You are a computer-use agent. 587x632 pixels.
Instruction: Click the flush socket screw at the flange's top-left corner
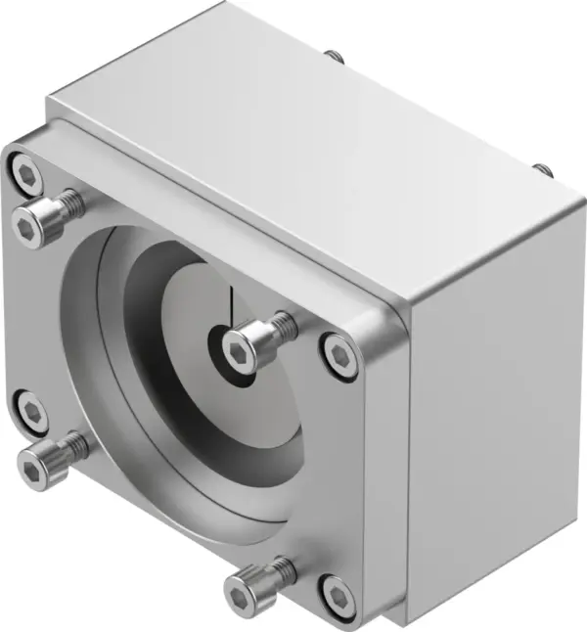point(27,176)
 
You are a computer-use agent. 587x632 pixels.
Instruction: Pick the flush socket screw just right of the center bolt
point(339,353)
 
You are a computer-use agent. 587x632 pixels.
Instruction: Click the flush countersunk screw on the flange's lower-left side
point(32,413)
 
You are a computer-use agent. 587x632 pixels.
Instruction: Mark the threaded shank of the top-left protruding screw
point(69,203)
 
